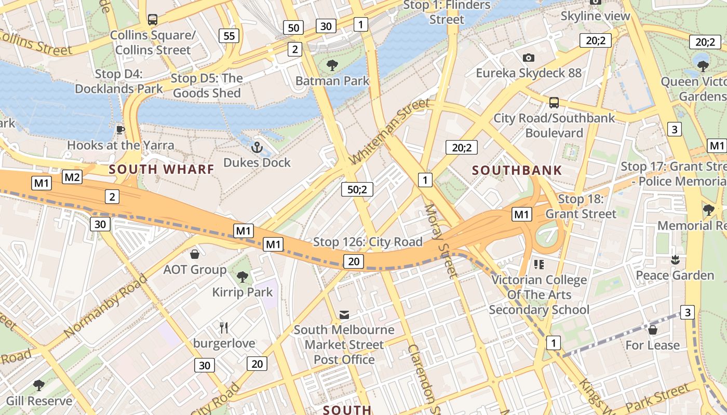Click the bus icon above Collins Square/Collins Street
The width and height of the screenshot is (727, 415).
point(152,20)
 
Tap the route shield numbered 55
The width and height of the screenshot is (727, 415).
point(229,36)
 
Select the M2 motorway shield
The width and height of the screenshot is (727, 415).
point(72,177)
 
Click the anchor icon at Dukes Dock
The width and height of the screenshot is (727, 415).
point(257,148)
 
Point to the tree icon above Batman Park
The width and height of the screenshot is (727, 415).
point(332,65)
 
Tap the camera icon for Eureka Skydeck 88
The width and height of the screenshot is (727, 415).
point(529,58)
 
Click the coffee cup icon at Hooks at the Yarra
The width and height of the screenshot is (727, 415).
point(120,130)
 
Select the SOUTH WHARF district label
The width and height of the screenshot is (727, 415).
point(161,169)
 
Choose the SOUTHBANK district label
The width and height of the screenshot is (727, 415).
point(517,170)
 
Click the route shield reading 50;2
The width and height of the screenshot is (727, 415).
point(357,189)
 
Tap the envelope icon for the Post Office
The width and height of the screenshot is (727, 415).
point(344,314)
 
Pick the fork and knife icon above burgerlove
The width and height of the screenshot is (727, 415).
point(224,328)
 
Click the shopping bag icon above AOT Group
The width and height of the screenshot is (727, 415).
point(195,254)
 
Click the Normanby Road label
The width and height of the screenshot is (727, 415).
point(106,305)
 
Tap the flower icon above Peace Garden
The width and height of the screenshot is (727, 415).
point(675,259)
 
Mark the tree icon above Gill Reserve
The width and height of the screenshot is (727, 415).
point(38,385)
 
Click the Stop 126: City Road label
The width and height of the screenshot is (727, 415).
point(368,242)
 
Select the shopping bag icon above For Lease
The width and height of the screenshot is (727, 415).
point(653,330)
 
